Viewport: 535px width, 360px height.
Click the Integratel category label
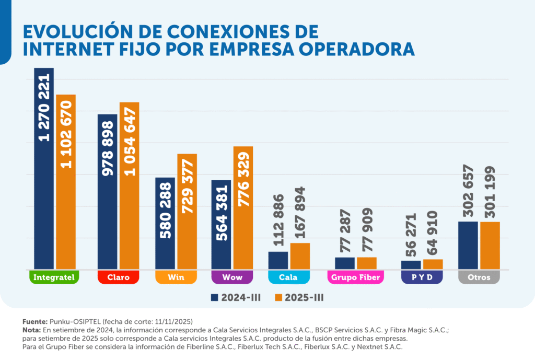tap(53, 277)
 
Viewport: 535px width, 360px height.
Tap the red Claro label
tap(118, 277)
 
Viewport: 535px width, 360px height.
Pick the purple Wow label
tap(232, 277)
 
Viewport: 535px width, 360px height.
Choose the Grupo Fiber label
tap(355, 277)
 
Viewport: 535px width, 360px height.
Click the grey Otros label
tap(479, 277)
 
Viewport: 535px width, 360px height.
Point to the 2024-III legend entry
tap(236, 298)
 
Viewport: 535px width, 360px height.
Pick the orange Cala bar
tap(300, 257)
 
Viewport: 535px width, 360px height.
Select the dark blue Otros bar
tap(468, 246)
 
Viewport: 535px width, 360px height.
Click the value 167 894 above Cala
tap(300, 214)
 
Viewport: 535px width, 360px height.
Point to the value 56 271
tap(411, 236)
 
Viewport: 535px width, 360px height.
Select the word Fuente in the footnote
tap(34, 322)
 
